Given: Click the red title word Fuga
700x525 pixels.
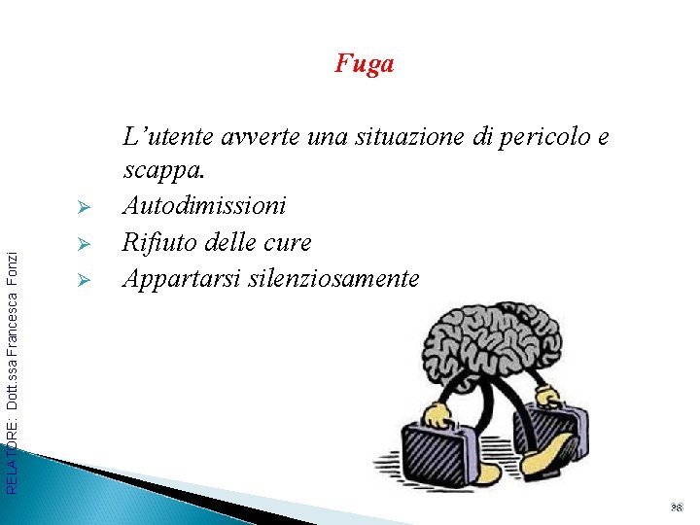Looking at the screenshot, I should click(x=365, y=64).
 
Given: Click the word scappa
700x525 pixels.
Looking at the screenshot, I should click(x=163, y=171).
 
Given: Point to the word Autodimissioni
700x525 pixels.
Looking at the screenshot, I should click(x=204, y=206).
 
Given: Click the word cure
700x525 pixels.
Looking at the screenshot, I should click(x=288, y=241).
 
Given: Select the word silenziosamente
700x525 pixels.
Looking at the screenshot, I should click(x=333, y=278).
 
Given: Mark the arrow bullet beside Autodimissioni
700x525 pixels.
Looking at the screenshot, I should click(x=84, y=209).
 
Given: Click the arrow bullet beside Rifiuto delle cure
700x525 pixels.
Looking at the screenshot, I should click(x=84, y=244).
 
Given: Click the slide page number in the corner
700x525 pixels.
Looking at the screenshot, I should click(x=678, y=507).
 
